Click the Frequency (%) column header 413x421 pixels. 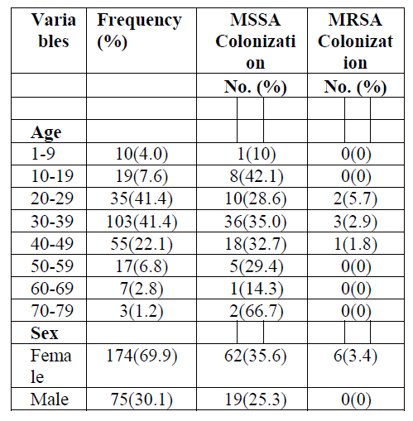(x=139, y=31)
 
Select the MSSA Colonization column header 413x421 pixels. (x=256, y=41)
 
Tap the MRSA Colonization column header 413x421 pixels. (x=355, y=41)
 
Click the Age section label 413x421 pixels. (x=46, y=132)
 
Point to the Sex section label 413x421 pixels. (x=45, y=333)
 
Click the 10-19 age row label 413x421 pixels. (x=52, y=176)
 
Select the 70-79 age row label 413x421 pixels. (x=52, y=311)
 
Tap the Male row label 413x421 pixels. (x=50, y=399)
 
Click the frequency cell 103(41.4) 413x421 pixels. (x=142, y=222)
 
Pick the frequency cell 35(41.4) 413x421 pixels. (x=142, y=199)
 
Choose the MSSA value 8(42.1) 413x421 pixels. (x=257, y=176)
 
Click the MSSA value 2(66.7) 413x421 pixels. (x=257, y=311)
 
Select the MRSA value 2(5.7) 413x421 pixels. (x=355, y=199)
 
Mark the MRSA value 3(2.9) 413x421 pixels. (x=355, y=222)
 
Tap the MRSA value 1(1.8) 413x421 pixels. (x=356, y=244)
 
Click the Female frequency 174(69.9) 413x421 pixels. (x=142, y=356)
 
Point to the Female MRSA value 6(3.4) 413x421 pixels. (x=355, y=356)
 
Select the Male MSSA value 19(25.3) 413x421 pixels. (x=256, y=399)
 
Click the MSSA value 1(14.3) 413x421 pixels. (x=257, y=289)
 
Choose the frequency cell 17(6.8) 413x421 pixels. (x=142, y=266)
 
